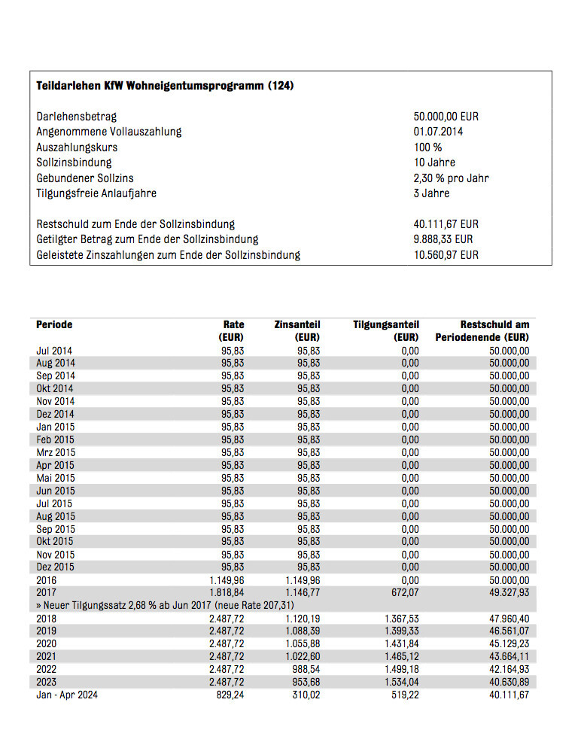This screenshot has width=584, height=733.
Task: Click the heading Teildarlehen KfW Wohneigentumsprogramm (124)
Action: pyautogui.click(x=165, y=86)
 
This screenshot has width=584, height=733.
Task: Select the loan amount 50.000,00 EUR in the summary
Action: pyautogui.click(x=446, y=117)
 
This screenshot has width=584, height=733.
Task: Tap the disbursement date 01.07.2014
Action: pyautogui.click(x=438, y=132)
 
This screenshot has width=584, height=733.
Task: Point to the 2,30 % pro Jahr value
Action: pyautogui.click(x=451, y=178)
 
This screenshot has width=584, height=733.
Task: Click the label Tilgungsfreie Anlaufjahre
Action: pyautogui.click(x=96, y=193)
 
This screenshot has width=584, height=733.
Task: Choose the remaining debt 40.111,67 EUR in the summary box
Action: pyautogui.click(x=446, y=224)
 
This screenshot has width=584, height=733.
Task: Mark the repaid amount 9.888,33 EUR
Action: pyautogui.click(x=443, y=239)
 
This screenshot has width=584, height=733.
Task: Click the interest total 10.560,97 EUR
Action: pyautogui.click(x=446, y=255)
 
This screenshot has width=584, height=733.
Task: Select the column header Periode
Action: pyautogui.click(x=54, y=324)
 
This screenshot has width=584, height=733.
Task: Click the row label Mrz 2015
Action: pyautogui.click(x=56, y=452)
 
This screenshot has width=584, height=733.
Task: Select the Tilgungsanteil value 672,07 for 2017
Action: pyautogui.click(x=405, y=593)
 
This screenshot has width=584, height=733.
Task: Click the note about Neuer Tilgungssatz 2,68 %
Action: pyautogui.click(x=165, y=606)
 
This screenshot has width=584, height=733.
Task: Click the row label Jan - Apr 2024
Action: pyautogui.click(x=67, y=695)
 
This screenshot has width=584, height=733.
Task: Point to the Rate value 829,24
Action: pyautogui.click(x=229, y=695)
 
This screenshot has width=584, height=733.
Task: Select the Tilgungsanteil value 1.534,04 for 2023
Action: pyautogui.click(x=400, y=683)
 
